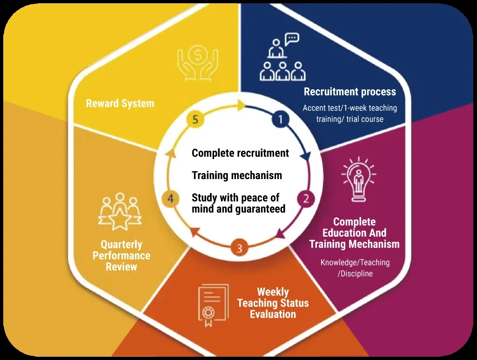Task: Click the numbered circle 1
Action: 281,119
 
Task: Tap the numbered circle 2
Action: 306,199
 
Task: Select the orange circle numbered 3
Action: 239,248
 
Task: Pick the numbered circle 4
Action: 170,199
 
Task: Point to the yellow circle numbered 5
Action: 195,119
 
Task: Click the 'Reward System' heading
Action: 120,103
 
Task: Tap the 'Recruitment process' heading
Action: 350,92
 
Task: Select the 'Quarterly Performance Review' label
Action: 121,255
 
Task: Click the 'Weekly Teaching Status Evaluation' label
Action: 273,303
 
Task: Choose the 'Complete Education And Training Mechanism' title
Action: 355,233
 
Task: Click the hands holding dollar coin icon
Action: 198,63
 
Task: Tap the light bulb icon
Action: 359,179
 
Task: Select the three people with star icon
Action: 120,211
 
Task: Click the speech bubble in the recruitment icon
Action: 292,39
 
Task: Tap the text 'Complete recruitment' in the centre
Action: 240,153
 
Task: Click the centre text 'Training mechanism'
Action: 237,175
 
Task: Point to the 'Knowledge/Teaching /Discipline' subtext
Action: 355,268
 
